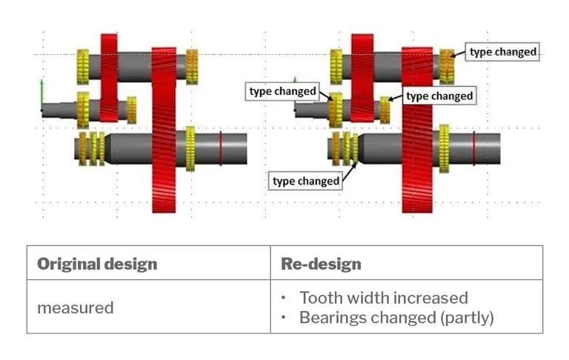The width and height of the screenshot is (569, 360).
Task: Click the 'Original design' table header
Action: [97, 264]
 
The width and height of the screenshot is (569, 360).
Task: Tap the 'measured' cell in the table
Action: [76, 307]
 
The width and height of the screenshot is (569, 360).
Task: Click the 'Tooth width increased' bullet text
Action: [383, 298]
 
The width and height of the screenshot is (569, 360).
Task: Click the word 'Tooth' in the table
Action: [320, 298]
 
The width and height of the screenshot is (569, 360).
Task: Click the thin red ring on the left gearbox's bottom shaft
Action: [221, 147]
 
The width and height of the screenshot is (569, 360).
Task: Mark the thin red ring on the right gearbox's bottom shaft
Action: [474, 147]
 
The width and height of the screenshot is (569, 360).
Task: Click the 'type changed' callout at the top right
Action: [502, 52]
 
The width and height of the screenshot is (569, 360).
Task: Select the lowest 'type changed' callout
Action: [306, 181]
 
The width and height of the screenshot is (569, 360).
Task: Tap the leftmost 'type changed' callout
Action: [282, 91]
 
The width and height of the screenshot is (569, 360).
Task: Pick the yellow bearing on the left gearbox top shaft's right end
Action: [193, 67]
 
